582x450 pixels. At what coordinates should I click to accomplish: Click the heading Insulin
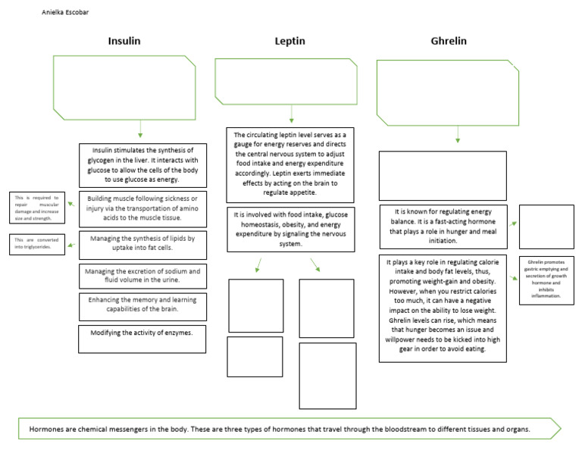point(124,41)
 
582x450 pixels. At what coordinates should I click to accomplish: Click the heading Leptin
point(289,41)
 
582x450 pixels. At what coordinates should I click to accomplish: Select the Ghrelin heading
point(448,41)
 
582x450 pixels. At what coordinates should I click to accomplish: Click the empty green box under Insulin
point(124,87)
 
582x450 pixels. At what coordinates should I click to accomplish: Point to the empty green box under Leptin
point(286,81)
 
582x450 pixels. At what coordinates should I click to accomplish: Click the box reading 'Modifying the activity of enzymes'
point(142,339)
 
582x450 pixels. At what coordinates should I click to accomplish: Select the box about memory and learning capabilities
point(142,306)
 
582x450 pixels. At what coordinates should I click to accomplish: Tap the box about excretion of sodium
point(142,276)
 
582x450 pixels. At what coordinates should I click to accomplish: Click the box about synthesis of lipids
point(142,243)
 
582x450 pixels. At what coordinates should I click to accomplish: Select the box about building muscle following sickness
point(142,208)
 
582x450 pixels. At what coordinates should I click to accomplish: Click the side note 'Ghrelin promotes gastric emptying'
point(546,280)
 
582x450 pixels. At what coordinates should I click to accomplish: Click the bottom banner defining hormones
point(288,429)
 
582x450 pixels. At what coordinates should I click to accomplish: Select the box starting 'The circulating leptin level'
point(290,164)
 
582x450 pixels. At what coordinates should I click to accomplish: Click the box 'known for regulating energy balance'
point(443,226)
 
